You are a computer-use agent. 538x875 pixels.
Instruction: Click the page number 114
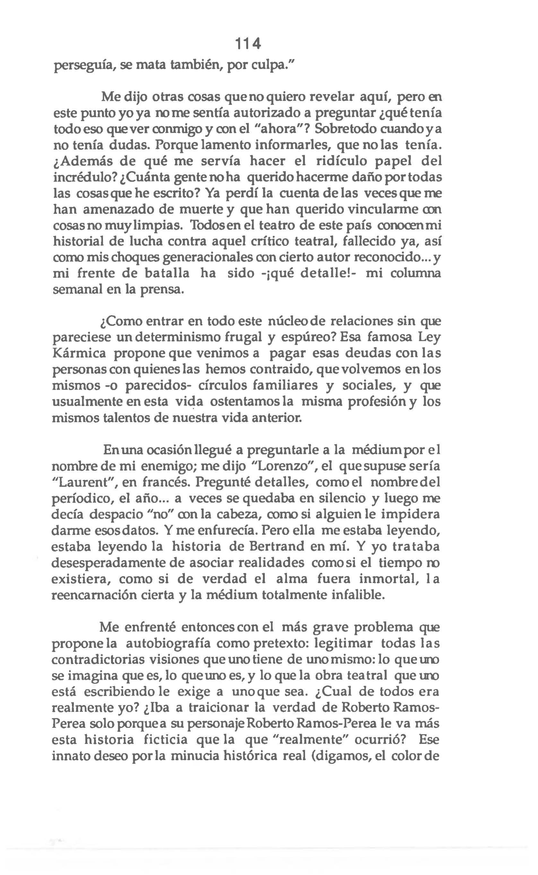pos(248,44)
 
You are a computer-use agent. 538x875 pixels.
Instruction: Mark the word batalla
pos(167,274)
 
